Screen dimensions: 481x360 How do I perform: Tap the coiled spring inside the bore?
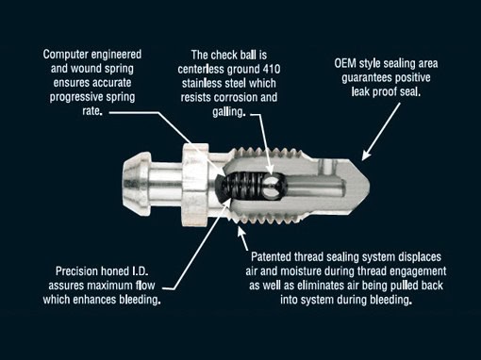pos(244,186)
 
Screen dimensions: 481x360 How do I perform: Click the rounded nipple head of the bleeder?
pos(136,184)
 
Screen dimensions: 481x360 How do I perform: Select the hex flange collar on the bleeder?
pos(194,185)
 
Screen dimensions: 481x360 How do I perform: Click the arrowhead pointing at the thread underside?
pos(240,232)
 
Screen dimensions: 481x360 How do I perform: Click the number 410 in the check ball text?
pos(271,69)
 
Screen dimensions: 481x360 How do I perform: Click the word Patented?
pos(271,257)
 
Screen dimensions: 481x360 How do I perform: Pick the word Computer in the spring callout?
pos(65,55)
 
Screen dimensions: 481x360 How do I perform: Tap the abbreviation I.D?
pos(140,270)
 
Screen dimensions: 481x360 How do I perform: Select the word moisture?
pos(301,271)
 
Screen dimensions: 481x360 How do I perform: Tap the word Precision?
pos(76,270)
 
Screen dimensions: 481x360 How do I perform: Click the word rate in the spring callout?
pos(92,111)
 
